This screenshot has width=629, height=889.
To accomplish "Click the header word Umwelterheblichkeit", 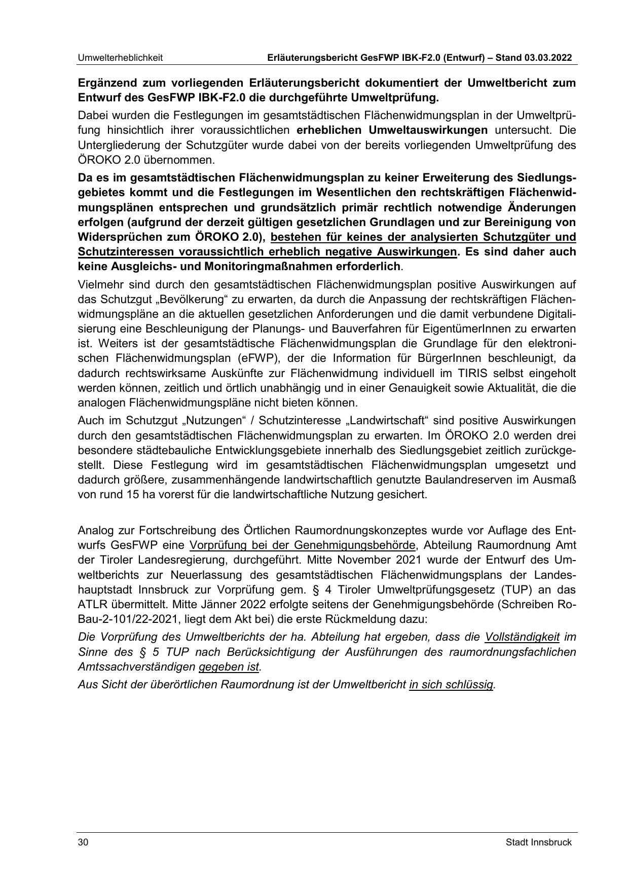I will [120, 58].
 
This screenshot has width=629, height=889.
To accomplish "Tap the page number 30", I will [83, 842].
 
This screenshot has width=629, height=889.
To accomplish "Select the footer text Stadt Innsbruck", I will [538, 842].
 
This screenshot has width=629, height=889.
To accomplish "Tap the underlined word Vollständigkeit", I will [522, 637].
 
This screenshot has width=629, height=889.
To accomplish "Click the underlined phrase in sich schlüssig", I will [451, 685].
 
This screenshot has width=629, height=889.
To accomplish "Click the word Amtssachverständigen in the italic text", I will [136, 666].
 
